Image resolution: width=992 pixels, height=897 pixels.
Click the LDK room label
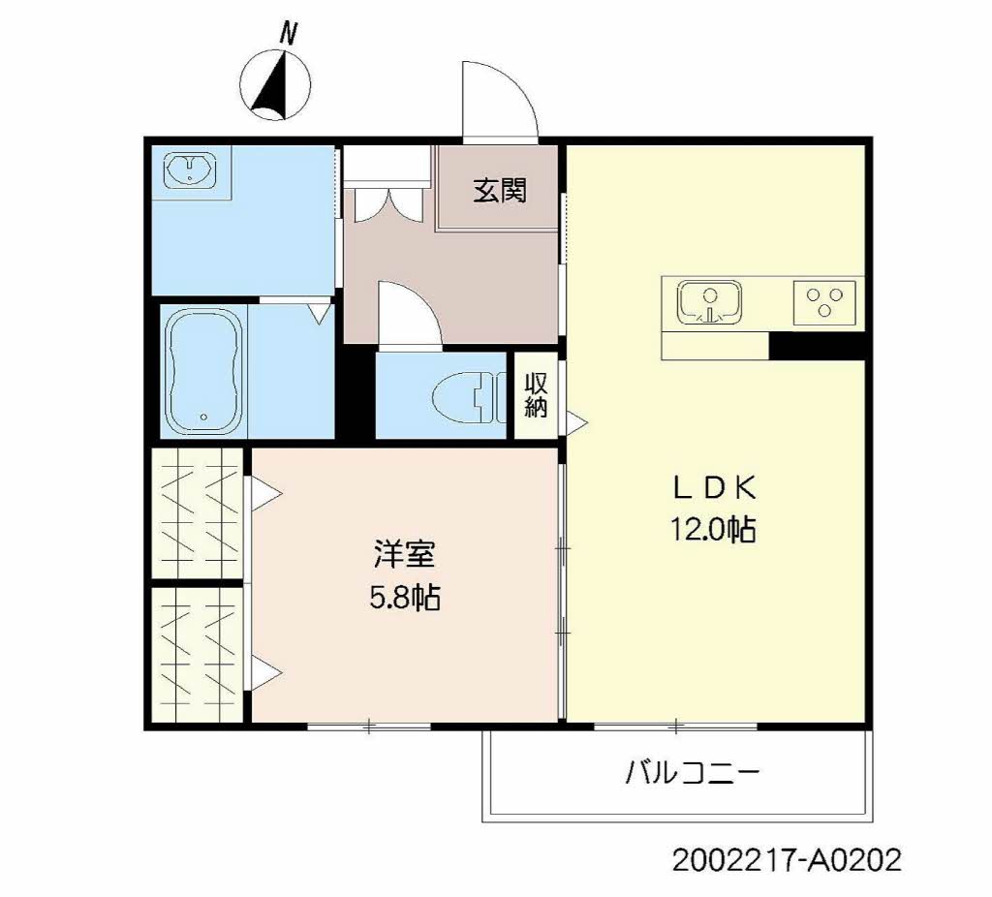[714, 488]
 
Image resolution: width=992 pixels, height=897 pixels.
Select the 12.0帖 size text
[713, 529]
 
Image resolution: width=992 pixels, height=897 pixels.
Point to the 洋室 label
[404, 554]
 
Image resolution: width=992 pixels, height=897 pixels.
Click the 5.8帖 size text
[405, 597]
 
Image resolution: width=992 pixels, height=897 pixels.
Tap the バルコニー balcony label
[692, 772]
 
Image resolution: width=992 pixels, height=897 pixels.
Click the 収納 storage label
[536, 394]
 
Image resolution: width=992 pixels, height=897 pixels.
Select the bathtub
[204, 371]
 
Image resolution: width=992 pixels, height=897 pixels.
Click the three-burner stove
[824, 302]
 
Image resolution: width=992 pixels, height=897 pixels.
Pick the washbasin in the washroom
[190, 170]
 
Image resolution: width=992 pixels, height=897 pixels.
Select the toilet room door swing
[410, 313]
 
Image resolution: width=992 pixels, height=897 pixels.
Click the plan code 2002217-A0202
[787, 860]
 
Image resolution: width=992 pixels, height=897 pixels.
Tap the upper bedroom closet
[198, 512]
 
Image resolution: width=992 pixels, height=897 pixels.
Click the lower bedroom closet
[198, 655]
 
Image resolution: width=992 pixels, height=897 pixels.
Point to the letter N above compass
[289, 33]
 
